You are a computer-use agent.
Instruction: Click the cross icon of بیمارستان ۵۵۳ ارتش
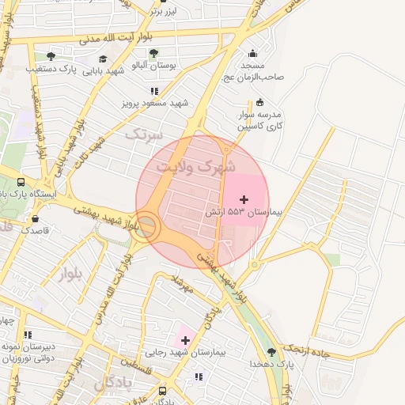[x=244, y=199]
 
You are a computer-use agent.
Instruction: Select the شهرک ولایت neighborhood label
[x=195, y=167]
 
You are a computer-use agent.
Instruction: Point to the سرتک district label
[x=142, y=134]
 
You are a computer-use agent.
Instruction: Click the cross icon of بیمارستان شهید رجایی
[x=185, y=339]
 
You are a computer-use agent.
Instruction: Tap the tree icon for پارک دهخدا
[x=272, y=351]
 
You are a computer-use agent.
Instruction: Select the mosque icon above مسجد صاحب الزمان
[x=253, y=54]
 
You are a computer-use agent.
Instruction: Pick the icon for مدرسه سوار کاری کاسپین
[x=260, y=101]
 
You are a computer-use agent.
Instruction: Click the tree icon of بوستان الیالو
[x=153, y=53]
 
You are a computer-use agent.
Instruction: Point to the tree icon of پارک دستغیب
[x=51, y=56]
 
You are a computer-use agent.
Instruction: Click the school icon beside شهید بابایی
[x=103, y=59]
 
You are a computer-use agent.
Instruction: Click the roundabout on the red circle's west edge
[x=148, y=228]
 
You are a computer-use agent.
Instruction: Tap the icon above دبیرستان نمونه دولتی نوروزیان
[x=28, y=335]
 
